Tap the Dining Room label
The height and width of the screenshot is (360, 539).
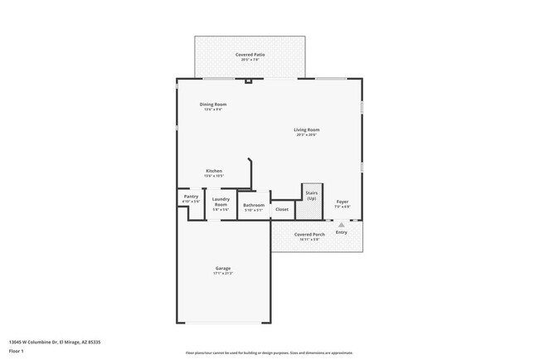tap(213, 104)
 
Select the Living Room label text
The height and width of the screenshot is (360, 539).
tap(307, 129)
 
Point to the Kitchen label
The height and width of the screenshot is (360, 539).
tap(214, 171)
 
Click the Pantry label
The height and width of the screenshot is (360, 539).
tap(191, 197)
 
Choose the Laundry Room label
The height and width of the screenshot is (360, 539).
tap(221, 201)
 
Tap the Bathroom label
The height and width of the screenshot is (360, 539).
tap(254, 205)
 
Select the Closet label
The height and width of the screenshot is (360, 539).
tap(282, 210)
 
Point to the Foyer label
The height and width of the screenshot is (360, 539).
tap(342, 202)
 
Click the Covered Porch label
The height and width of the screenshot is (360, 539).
tap(308, 235)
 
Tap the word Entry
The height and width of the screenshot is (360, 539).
tap(342, 232)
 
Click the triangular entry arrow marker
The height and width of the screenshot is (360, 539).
tap(341, 224)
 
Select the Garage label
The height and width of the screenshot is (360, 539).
tap(223, 269)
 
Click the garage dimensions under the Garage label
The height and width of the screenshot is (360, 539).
tap(223, 274)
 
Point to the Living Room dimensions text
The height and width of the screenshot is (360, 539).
tap(307, 134)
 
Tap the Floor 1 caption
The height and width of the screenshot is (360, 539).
tap(17, 351)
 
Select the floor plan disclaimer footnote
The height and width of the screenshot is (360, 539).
tap(269, 353)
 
